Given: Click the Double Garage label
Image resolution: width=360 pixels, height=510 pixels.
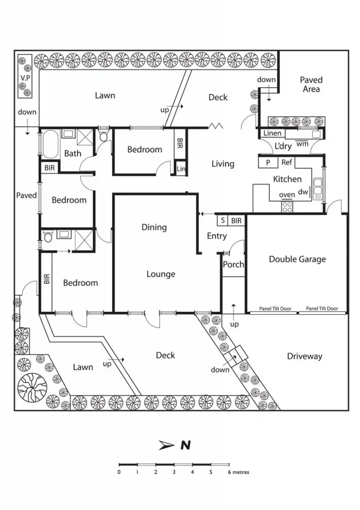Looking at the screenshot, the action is pyautogui.click(x=297, y=259).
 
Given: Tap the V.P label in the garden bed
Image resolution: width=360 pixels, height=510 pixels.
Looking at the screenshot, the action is pyautogui.click(x=25, y=78).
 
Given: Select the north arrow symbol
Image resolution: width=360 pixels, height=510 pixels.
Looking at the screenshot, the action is pyautogui.click(x=166, y=445).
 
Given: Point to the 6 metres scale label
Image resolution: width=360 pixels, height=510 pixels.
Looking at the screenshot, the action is pyautogui.click(x=239, y=472).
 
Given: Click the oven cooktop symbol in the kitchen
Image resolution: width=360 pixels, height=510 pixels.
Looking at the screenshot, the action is pyautogui.click(x=287, y=207).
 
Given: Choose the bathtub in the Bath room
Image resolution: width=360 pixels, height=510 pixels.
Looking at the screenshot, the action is pyautogui.click(x=50, y=144).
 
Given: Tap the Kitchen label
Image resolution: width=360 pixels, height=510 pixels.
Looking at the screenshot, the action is pyautogui.click(x=287, y=179).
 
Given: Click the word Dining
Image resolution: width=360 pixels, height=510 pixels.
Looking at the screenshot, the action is pyautogui.click(x=154, y=227).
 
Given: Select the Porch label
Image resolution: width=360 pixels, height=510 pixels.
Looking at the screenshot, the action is pyautogui.click(x=233, y=264).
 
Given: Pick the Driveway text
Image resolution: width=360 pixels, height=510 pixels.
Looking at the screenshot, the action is pyautogui.click(x=304, y=357).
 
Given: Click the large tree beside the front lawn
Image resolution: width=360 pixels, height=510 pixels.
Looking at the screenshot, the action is pyautogui.click(x=32, y=387).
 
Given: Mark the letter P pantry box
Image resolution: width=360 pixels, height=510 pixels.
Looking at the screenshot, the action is pyautogui.click(x=268, y=163).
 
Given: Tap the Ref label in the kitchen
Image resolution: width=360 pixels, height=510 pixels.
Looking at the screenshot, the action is pyautogui.click(x=286, y=162).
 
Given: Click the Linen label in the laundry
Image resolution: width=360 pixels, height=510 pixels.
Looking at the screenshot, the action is pyautogui.click(x=272, y=133).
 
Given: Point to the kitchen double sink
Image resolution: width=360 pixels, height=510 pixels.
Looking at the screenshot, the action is pyautogui.click(x=317, y=189).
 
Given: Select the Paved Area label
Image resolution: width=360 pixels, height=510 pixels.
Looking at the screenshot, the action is pyautogui.click(x=311, y=85).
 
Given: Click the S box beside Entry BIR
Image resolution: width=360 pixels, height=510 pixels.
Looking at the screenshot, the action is pyautogui.click(x=223, y=221).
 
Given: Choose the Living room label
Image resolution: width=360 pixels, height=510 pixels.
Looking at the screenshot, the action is pyautogui.click(x=223, y=163).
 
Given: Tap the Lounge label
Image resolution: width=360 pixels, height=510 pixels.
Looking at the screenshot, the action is pyautogui.click(x=161, y=274).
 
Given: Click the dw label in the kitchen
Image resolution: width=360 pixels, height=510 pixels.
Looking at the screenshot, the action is pyautogui.click(x=303, y=192).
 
